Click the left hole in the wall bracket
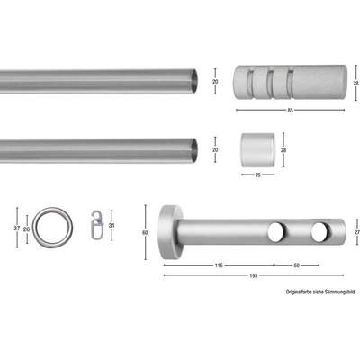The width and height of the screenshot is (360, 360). [274, 234]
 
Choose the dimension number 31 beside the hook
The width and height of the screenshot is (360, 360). [112, 225]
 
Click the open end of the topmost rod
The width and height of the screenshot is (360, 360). [193, 83]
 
